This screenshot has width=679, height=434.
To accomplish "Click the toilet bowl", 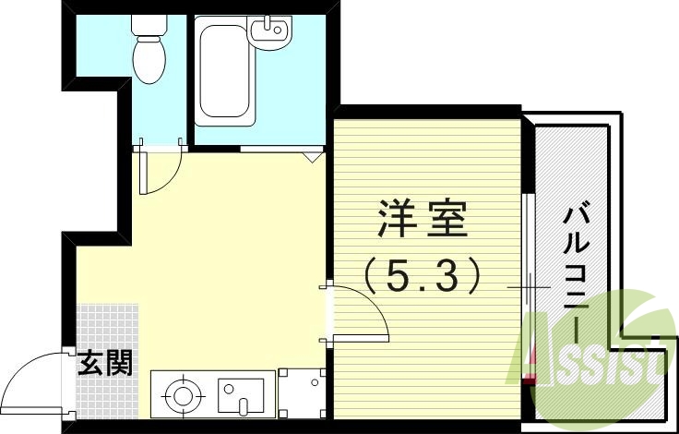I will pyautogui.click(x=149, y=61).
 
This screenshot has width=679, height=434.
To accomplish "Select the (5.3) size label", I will pyautogui.click(x=423, y=273).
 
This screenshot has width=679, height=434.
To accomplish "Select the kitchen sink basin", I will pyautogui.click(x=236, y=395).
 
